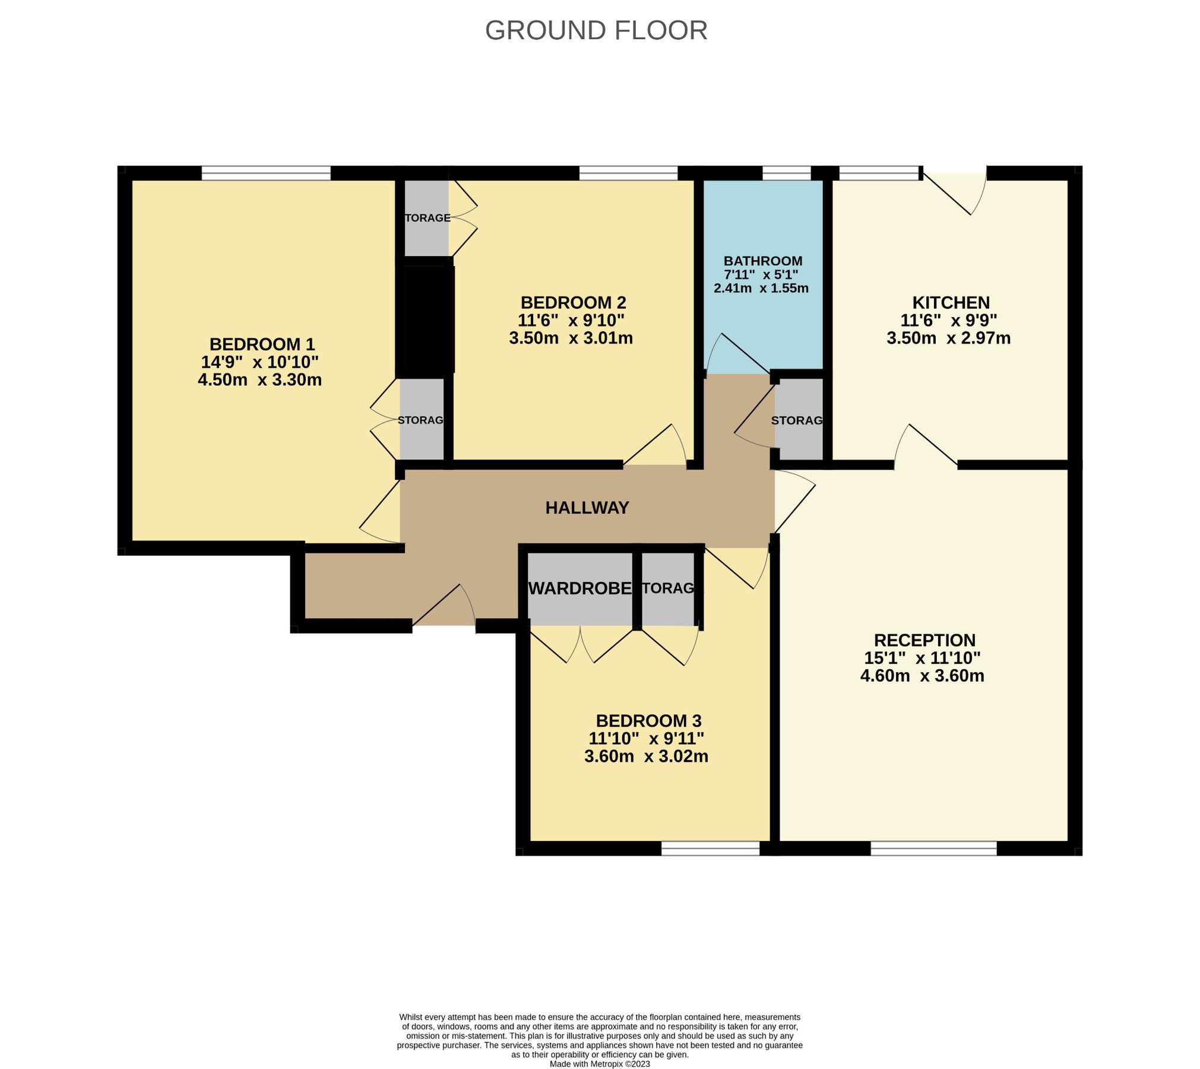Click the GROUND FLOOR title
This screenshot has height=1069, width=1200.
pos(596,30)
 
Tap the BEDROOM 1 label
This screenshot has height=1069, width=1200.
pos(262,344)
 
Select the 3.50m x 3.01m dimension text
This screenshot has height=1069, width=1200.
pos(571,339)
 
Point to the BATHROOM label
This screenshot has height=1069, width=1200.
pos(763,261)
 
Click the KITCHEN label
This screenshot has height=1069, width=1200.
pos(951,302)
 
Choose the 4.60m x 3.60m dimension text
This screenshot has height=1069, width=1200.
pos(922,675)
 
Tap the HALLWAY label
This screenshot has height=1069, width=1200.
pos(587,508)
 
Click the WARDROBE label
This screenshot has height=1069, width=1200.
pos(580,589)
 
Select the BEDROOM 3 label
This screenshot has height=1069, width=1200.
pos(648,721)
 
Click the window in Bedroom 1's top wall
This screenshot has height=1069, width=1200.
pos(266,173)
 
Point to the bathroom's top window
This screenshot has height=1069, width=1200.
pos(786,173)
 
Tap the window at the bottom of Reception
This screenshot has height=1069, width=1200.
pos(933,848)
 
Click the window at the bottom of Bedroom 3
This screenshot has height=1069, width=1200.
pos(710,848)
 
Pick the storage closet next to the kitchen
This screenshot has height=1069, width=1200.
pos(799,420)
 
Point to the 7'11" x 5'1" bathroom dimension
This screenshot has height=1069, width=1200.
pos(761,275)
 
